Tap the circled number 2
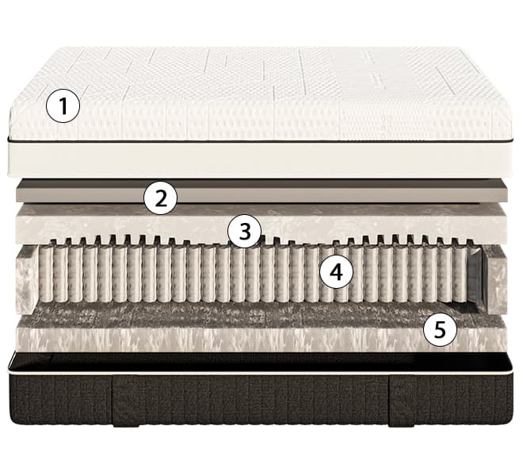(160, 198)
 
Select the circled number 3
(244, 231)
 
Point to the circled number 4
(336, 273)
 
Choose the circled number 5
(440, 330)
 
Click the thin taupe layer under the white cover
(261, 192)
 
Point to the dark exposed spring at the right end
(476, 277)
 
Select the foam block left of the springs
(27, 277)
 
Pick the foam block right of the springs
(496, 279)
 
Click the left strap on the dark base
(126, 401)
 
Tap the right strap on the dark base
(403, 401)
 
